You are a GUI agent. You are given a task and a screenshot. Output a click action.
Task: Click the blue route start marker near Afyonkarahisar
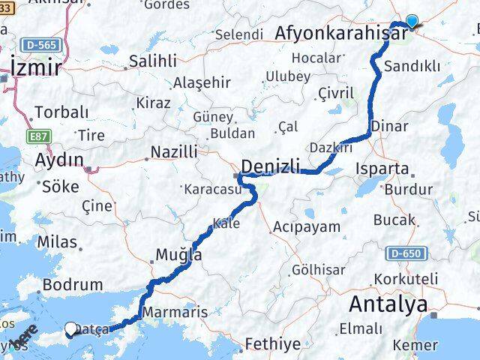412,22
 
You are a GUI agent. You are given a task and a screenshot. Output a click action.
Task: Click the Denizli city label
270,166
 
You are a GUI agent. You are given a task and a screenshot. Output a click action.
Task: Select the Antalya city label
388,304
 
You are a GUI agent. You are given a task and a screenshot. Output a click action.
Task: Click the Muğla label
178,255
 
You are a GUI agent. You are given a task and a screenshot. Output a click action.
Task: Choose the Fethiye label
274,344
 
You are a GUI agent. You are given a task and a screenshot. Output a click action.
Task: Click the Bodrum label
73,285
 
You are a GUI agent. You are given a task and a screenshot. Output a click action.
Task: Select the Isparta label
383,169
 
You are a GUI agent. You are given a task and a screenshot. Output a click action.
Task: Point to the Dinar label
390,126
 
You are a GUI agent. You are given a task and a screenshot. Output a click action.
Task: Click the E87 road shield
42,136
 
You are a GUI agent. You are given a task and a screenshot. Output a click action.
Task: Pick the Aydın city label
59,159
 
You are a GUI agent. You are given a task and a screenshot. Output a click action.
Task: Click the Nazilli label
173,152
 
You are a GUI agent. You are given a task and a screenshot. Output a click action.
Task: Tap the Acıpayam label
307,226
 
